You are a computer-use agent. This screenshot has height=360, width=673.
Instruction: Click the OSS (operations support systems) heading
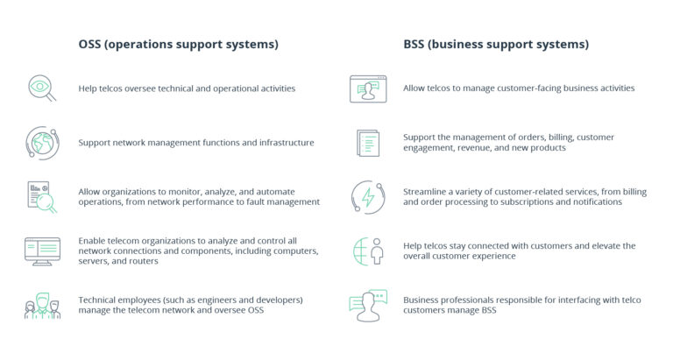pyautogui.click(x=178, y=44)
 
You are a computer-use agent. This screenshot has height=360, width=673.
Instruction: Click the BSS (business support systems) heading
pyautogui.click(x=496, y=44)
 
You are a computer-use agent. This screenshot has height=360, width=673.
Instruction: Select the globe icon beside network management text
pyautogui.click(x=41, y=142)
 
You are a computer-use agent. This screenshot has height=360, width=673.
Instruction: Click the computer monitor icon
pyautogui.click(x=41, y=251)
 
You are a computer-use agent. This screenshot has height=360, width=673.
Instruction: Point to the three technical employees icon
pyautogui.click(x=41, y=306)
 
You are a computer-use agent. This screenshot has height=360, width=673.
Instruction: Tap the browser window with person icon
pyautogui.click(x=368, y=88)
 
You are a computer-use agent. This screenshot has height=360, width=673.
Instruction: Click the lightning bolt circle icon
pyautogui.click(x=366, y=196)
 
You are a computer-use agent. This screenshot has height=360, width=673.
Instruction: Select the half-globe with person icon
pyautogui.click(x=368, y=251)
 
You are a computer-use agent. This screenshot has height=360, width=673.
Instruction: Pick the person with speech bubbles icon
pyautogui.click(x=368, y=305)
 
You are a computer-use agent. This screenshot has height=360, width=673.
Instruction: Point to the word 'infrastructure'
pyautogui.click(x=282, y=142)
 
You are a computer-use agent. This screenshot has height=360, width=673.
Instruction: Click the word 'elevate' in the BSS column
pyautogui.click(x=608, y=245)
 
